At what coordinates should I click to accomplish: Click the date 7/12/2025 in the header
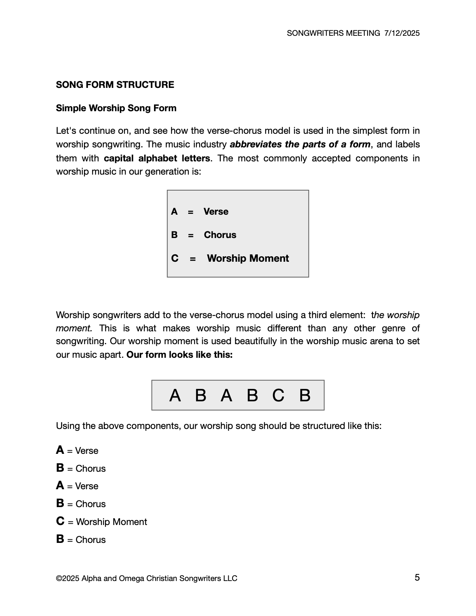(x=402, y=33)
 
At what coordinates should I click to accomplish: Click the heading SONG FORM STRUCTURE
(x=115, y=85)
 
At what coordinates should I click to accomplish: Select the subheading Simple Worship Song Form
(x=116, y=108)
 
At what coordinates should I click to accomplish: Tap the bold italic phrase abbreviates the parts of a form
(x=300, y=144)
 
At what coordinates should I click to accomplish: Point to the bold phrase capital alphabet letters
(x=157, y=158)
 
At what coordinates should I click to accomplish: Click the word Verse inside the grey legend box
(x=216, y=212)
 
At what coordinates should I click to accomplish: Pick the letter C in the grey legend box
(x=175, y=259)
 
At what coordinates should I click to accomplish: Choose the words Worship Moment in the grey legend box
(x=248, y=259)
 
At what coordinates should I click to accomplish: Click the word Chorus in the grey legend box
(x=220, y=235)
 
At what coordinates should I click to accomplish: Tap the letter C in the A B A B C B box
(x=278, y=395)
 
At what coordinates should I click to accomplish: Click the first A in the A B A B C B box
(x=175, y=395)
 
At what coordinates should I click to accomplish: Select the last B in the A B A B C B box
(x=305, y=395)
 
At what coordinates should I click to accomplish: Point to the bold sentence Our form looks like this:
(x=180, y=355)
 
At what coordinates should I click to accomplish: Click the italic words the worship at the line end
(x=395, y=315)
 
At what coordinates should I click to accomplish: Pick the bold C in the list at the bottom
(x=60, y=521)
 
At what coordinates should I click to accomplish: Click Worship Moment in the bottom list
(x=112, y=522)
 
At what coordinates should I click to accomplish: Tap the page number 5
(x=417, y=577)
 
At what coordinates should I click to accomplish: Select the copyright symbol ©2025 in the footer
(x=68, y=578)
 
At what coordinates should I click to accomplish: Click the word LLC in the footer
(x=230, y=578)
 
